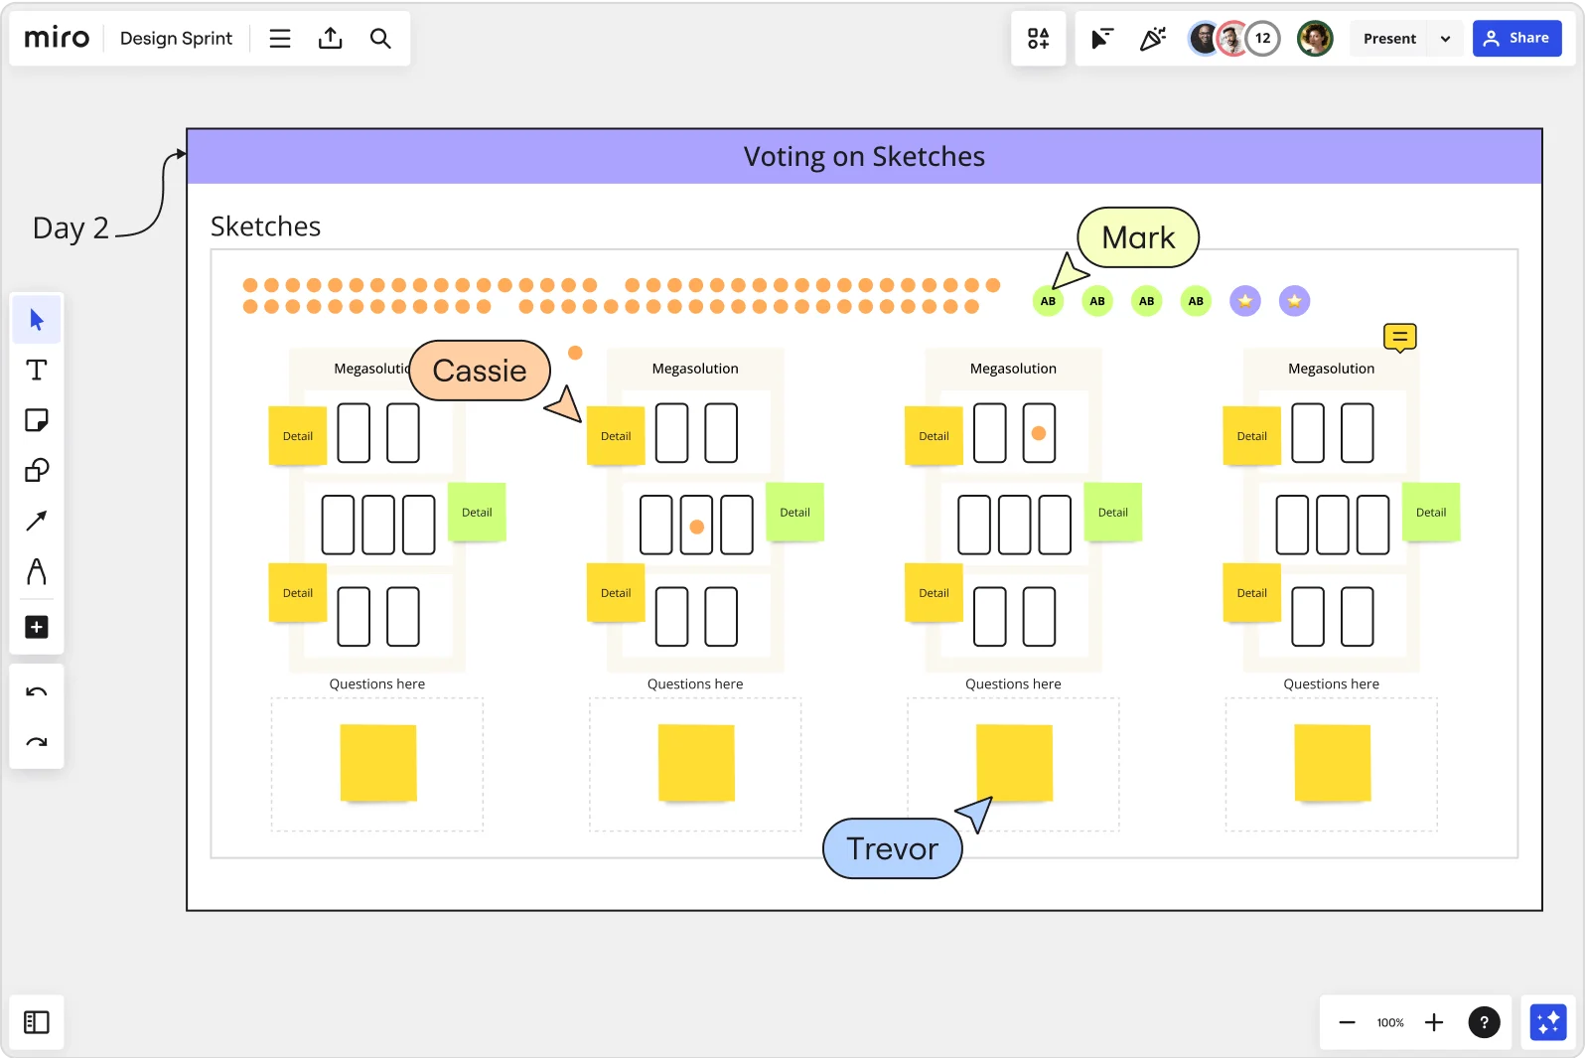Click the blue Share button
[x=1516, y=39]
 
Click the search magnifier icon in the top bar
[x=380, y=39]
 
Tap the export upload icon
[x=330, y=39]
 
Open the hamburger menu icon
[x=280, y=39]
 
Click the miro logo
[x=57, y=38]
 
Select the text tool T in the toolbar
[x=37, y=371]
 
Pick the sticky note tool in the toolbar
[x=37, y=420]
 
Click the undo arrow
[x=37, y=692]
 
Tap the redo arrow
[x=37, y=742]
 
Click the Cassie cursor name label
[x=480, y=371]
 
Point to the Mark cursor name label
[x=1138, y=237]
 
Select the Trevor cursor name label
[x=892, y=848]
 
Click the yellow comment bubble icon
[x=1399, y=338]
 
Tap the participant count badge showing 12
[x=1262, y=39]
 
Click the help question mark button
[x=1484, y=1022]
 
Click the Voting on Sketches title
[x=864, y=157]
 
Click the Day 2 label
[x=71, y=228]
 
